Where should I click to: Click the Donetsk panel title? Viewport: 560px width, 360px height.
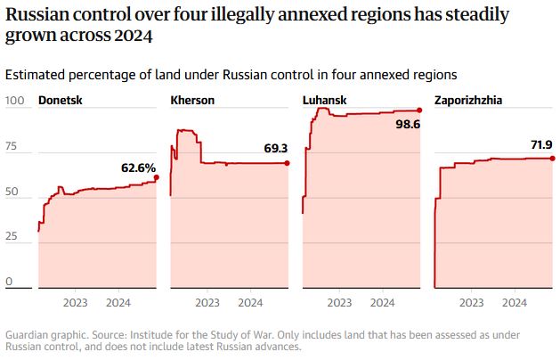pyautogui.click(x=61, y=101)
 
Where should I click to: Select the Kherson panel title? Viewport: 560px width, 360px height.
pyautogui.click(x=192, y=101)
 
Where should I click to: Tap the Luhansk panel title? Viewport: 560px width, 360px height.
pyautogui.click(x=325, y=101)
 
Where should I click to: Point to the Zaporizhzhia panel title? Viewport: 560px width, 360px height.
pyautogui.click(x=468, y=101)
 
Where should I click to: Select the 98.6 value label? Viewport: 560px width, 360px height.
pyautogui.click(x=408, y=125)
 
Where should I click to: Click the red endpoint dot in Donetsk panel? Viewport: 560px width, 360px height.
pyautogui.click(x=157, y=177)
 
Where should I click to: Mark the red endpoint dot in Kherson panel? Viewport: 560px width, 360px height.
pyautogui.click(x=288, y=162)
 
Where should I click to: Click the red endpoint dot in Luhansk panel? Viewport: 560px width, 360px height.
pyautogui.click(x=418, y=110)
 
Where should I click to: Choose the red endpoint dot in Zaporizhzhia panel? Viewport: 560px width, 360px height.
pyautogui.click(x=551, y=158)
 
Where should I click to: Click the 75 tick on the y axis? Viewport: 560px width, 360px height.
pyautogui.click(x=12, y=145)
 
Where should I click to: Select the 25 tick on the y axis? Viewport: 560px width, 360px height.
pyautogui.click(x=12, y=236)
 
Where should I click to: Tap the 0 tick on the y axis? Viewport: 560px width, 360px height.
pyautogui.click(x=9, y=282)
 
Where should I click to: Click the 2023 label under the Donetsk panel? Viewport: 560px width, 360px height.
pyautogui.click(x=75, y=303)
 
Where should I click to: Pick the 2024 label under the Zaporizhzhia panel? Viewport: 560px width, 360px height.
pyautogui.click(x=514, y=303)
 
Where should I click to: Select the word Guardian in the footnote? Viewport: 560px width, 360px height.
pyautogui.click(x=28, y=335)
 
